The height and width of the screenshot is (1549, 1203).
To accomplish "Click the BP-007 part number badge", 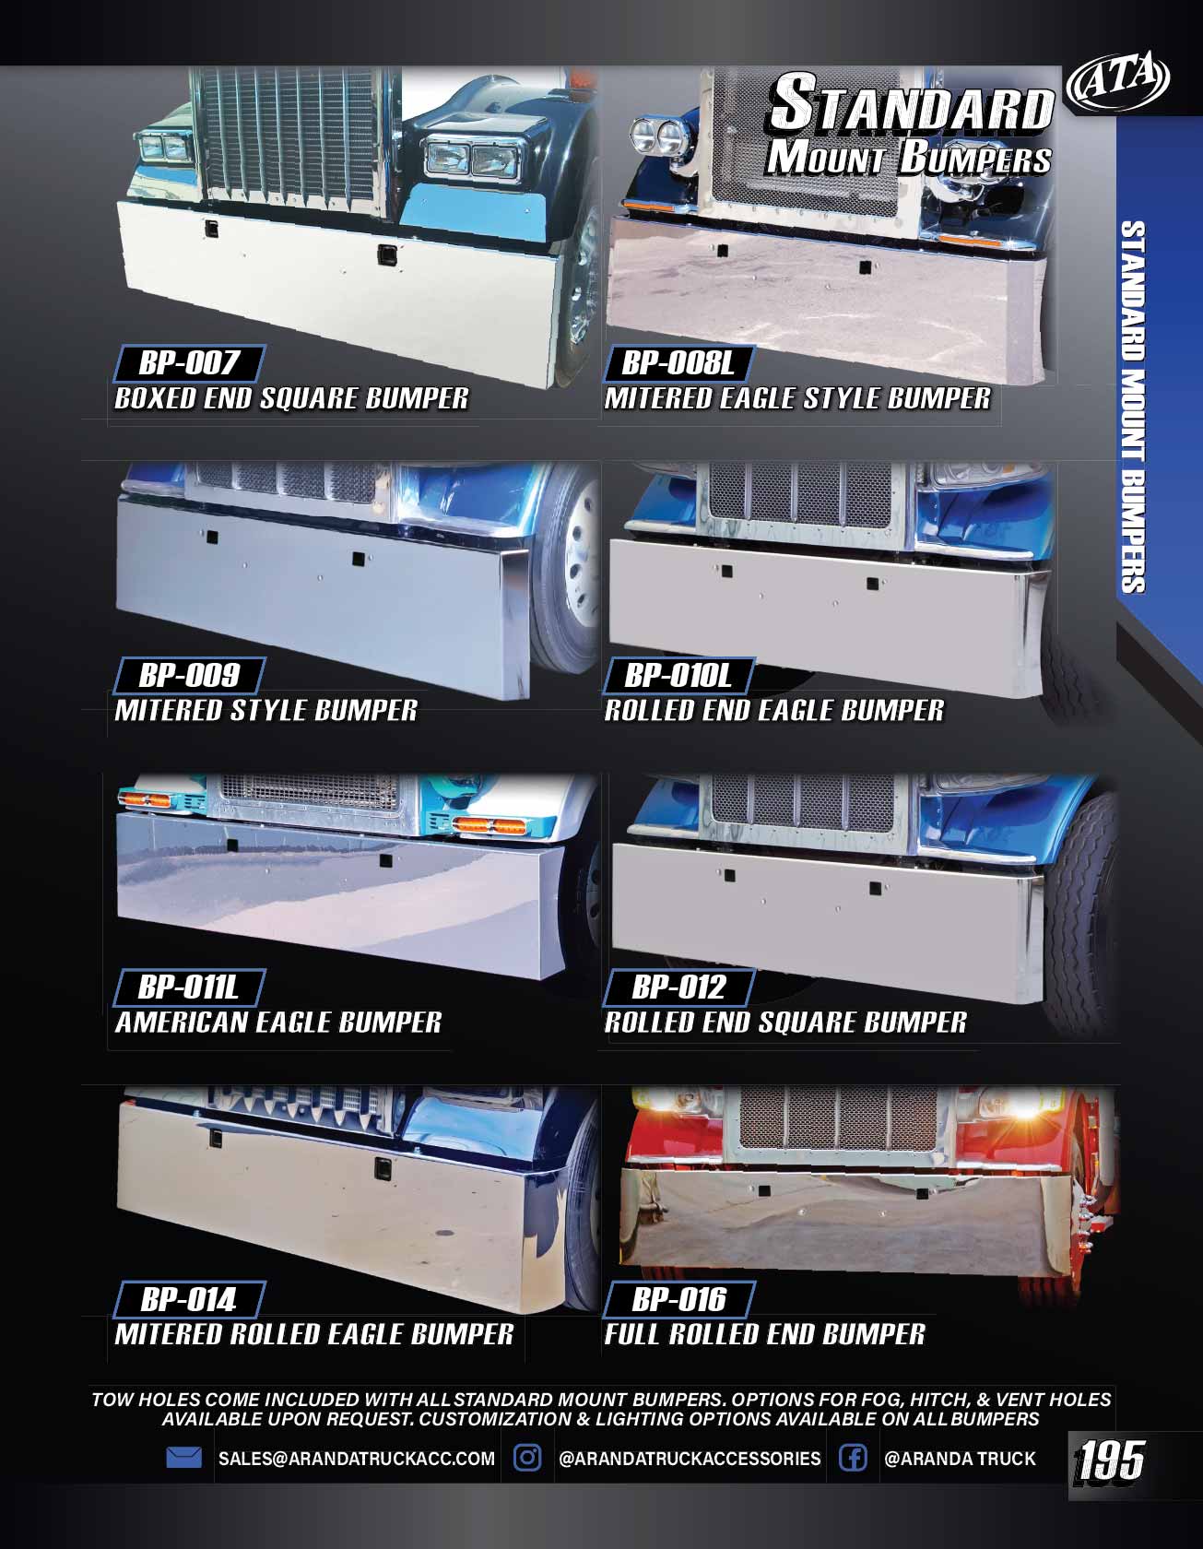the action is pyautogui.click(x=188, y=363).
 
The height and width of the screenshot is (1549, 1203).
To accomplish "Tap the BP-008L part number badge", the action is pyautogui.click(x=678, y=363).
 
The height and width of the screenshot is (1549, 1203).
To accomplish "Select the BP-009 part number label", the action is pyautogui.click(x=188, y=676).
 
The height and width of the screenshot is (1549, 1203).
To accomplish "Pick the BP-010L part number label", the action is pyautogui.click(x=678, y=676).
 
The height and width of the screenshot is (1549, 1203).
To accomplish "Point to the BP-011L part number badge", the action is pyautogui.click(x=188, y=987).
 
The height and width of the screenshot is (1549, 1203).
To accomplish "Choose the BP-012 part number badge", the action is pyautogui.click(x=678, y=987).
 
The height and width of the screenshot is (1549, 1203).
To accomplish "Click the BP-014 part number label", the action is pyautogui.click(x=188, y=1300).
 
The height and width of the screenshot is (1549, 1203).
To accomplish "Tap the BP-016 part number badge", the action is pyautogui.click(x=678, y=1300).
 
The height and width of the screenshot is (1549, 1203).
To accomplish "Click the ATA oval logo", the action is pyautogui.click(x=1117, y=81).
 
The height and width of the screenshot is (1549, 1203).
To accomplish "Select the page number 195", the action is pyautogui.click(x=1110, y=1461).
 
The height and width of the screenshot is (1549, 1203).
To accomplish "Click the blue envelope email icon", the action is pyautogui.click(x=184, y=1458).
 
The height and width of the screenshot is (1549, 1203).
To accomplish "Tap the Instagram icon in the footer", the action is pyautogui.click(x=527, y=1458).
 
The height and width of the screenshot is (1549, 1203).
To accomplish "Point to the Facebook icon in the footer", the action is pyautogui.click(x=853, y=1458).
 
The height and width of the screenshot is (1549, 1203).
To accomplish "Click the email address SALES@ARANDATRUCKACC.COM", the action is pyautogui.click(x=357, y=1459).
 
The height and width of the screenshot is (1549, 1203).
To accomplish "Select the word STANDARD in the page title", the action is pyautogui.click(x=911, y=104).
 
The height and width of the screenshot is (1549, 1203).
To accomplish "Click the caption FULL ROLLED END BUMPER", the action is pyautogui.click(x=764, y=1334).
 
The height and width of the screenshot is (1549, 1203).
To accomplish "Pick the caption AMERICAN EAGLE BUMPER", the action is pyautogui.click(x=278, y=1023).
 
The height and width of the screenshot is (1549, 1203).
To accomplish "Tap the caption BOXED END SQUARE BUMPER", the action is pyautogui.click(x=291, y=398).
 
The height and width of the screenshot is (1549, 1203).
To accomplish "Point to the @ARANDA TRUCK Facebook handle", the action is pyautogui.click(x=960, y=1459).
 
